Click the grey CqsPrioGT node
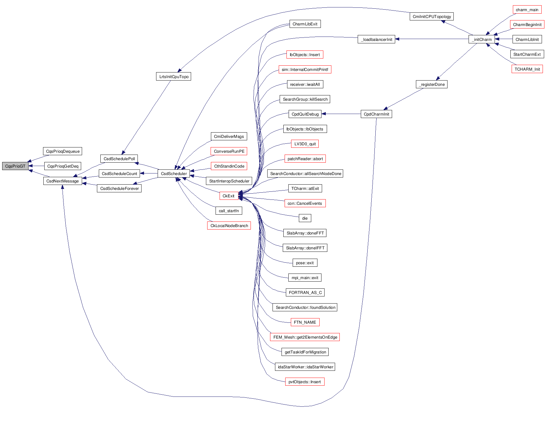tap(15, 166)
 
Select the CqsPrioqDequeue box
tap(63, 151)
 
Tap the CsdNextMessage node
tap(63, 181)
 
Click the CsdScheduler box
tap(174, 173)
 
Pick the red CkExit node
tap(229, 196)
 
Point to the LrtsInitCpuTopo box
tap(173, 77)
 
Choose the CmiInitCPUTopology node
tap(432, 16)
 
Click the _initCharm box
tap(482, 39)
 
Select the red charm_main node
tap(527, 10)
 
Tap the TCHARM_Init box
tap(527, 69)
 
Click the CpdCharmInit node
tap(376, 114)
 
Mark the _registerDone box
tap(431, 84)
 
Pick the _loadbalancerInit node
tap(376, 39)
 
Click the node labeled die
tap(305, 218)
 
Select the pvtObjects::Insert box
tap(305, 382)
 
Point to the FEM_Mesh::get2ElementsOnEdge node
tap(305, 337)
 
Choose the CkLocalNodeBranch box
tap(229, 226)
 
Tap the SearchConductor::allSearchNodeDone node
tap(305, 173)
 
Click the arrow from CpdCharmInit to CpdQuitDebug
tap(341, 114)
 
